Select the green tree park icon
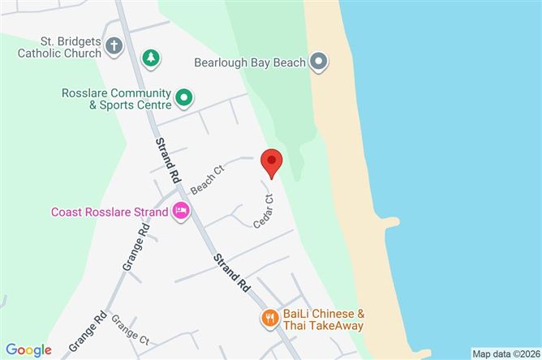pyautogui.click(x=150, y=58)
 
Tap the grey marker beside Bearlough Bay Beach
pyautogui.click(x=319, y=62)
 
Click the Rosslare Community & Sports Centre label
pyautogui.click(x=116, y=98)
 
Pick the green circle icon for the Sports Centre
pyautogui.click(x=184, y=98)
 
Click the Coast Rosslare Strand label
pyautogui.click(x=109, y=212)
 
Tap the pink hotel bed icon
pyautogui.click(x=181, y=212)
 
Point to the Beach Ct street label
pyautogui.click(x=206, y=180)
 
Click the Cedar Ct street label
pyautogui.click(x=265, y=209)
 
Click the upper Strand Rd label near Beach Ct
pyautogui.click(x=165, y=158)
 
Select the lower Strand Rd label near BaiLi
pyautogui.click(x=231, y=272)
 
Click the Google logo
pyautogui.click(x=29, y=349)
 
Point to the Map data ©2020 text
pyautogui.click(x=505, y=354)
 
